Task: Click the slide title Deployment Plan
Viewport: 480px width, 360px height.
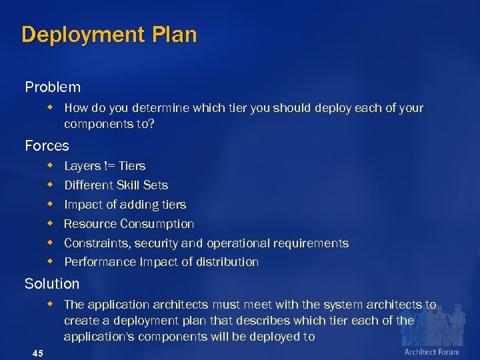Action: [109, 35]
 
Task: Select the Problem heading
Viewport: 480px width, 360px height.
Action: [53, 87]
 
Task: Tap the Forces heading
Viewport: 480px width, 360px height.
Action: [47, 145]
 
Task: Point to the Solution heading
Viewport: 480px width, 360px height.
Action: [52, 284]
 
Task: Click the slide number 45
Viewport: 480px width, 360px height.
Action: [38, 353]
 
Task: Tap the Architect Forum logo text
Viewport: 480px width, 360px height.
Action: [432, 351]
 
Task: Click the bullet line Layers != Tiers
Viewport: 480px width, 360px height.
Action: [105, 166]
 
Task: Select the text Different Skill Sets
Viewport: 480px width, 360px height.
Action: [116, 185]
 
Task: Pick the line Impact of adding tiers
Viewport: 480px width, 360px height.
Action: [125, 205]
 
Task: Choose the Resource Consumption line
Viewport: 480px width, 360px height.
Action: [129, 224]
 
